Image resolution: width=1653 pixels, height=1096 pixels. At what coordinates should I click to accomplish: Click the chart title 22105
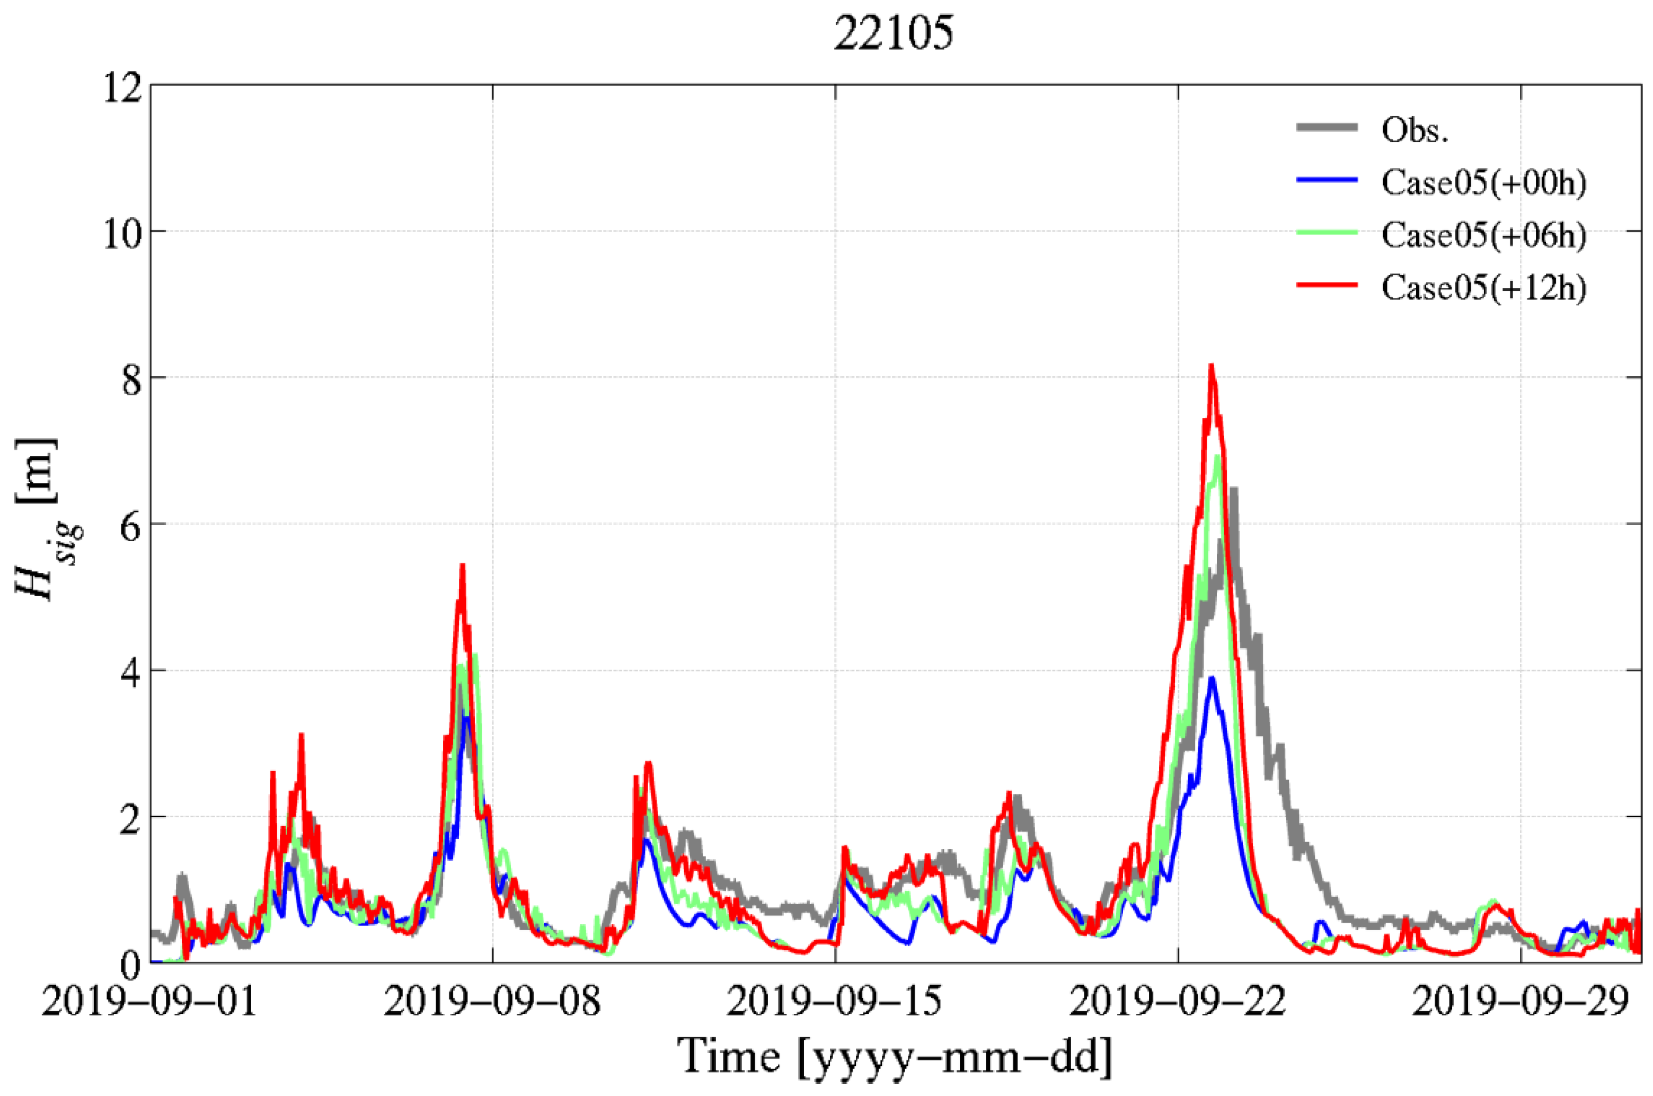tap(892, 33)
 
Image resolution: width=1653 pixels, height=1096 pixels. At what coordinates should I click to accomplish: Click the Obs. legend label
tap(1415, 130)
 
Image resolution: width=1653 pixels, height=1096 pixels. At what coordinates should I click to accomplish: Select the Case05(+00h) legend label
tap(1483, 182)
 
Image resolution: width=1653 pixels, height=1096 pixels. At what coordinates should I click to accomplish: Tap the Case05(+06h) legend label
tap(1483, 235)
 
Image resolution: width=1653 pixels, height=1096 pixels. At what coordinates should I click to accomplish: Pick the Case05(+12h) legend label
tap(1483, 287)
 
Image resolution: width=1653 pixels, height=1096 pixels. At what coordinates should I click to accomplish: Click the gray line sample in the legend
tap(1327, 128)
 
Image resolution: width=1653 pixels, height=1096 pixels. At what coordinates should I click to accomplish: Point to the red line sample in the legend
tap(1327, 285)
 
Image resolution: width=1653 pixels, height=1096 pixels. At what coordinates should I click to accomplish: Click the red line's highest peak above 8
tap(1212, 366)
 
